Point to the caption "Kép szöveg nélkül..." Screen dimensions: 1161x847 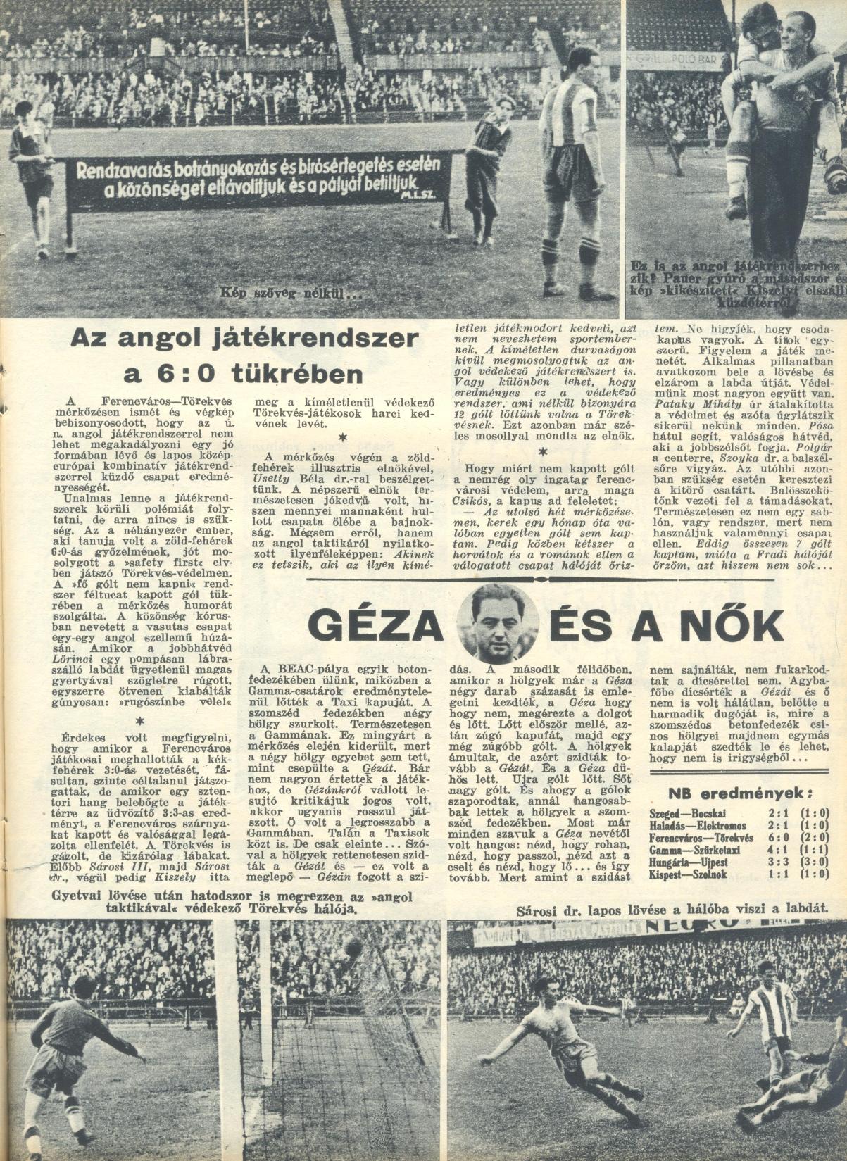tap(291, 292)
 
